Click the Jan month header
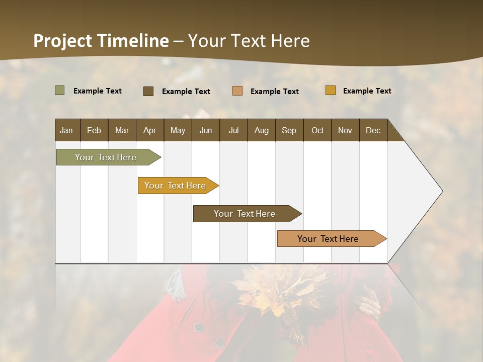tap(67, 130)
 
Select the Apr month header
tap(150, 130)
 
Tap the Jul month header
tap(233, 130)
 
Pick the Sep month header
tap(289, 130)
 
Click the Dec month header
tap(373, 130)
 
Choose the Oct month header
tap(317, 130)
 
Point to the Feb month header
tap(94, 130)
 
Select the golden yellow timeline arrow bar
tap(176, 186)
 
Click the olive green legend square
tap(59, 90)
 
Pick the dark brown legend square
tap(148, 91)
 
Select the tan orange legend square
tap(237, 91)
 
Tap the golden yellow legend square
tap(330, 90)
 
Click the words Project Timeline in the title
tap(101, 41)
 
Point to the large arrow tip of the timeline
tap(428, 191)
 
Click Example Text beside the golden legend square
tap(367, 90)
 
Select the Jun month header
tap(206, 130)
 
